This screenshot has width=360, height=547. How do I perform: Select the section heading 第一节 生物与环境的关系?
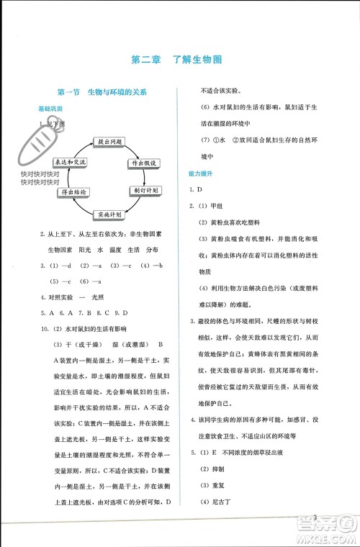pyautogui.click(x=102, y=92)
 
